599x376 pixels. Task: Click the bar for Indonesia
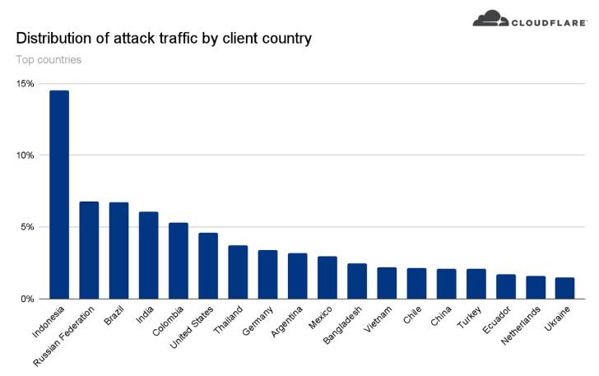(59, 194)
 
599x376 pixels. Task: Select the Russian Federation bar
(89, 250)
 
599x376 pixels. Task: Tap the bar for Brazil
(118, 250)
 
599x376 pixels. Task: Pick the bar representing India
(148, 255)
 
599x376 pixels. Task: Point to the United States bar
(208, 266)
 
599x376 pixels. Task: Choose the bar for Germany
(267, 274)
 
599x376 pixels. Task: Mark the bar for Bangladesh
(357, 281)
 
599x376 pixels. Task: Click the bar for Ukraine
(564, 288)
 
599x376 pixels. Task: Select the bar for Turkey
(476, 284)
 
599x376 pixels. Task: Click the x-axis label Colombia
(168, 322)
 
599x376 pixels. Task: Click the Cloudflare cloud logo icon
(492, 18)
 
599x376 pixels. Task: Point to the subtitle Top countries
(49, 59)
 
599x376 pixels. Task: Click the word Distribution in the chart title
(52, 38)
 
